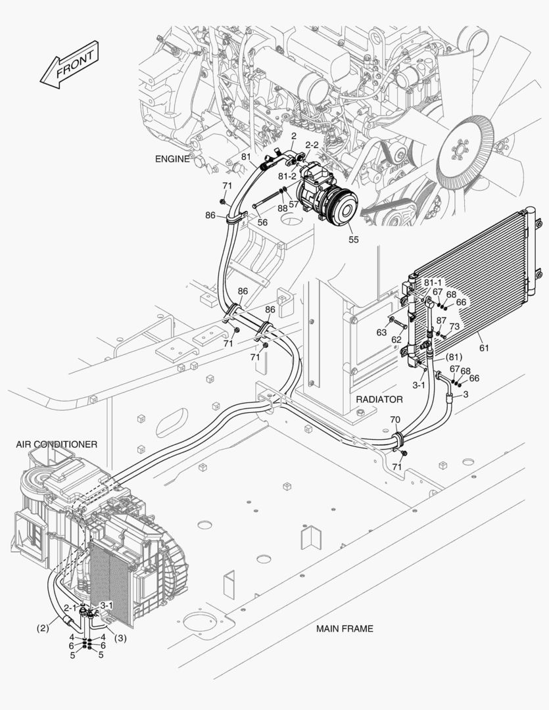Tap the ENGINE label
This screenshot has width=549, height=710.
172,159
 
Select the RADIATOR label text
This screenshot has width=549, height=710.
379,399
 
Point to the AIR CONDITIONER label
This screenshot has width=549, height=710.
57,444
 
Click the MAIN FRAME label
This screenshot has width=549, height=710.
345,628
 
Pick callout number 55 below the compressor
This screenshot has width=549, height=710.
354,240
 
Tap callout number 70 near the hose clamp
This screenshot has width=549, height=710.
394,419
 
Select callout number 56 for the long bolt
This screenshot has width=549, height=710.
262,222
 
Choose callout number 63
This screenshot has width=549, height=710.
382,333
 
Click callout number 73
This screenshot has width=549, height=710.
454,327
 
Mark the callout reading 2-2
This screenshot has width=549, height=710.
312,144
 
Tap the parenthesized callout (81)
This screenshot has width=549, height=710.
456,357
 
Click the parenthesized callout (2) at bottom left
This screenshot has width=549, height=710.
43,628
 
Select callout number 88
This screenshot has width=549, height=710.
282,208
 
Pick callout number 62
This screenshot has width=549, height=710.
396,340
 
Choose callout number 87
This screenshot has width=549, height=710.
441,320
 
